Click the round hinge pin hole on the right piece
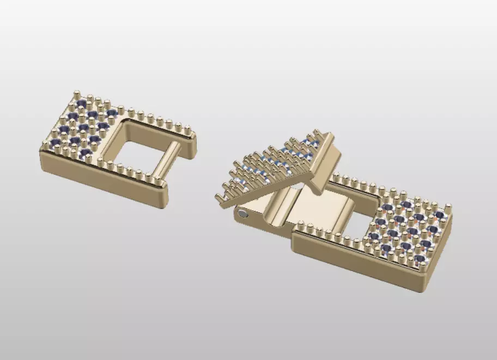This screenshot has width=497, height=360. tap(242, 214)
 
